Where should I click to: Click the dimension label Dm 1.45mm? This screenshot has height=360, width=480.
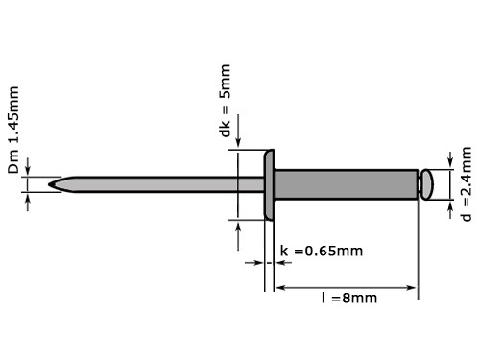(13, 130)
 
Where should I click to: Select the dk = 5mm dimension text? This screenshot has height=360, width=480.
(226, 101)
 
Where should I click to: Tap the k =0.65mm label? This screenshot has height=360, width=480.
(322, 251)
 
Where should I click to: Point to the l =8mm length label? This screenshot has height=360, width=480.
(349, 298)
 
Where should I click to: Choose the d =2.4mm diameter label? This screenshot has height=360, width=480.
(467, 184)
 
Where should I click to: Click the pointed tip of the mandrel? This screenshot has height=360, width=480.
(49, 184)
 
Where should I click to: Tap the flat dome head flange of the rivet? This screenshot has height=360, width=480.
(269, 184)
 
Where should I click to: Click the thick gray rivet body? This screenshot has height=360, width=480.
(346, 184)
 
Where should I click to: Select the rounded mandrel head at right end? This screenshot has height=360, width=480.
(427, 184)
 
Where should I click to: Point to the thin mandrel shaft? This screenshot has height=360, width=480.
(156, 184)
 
